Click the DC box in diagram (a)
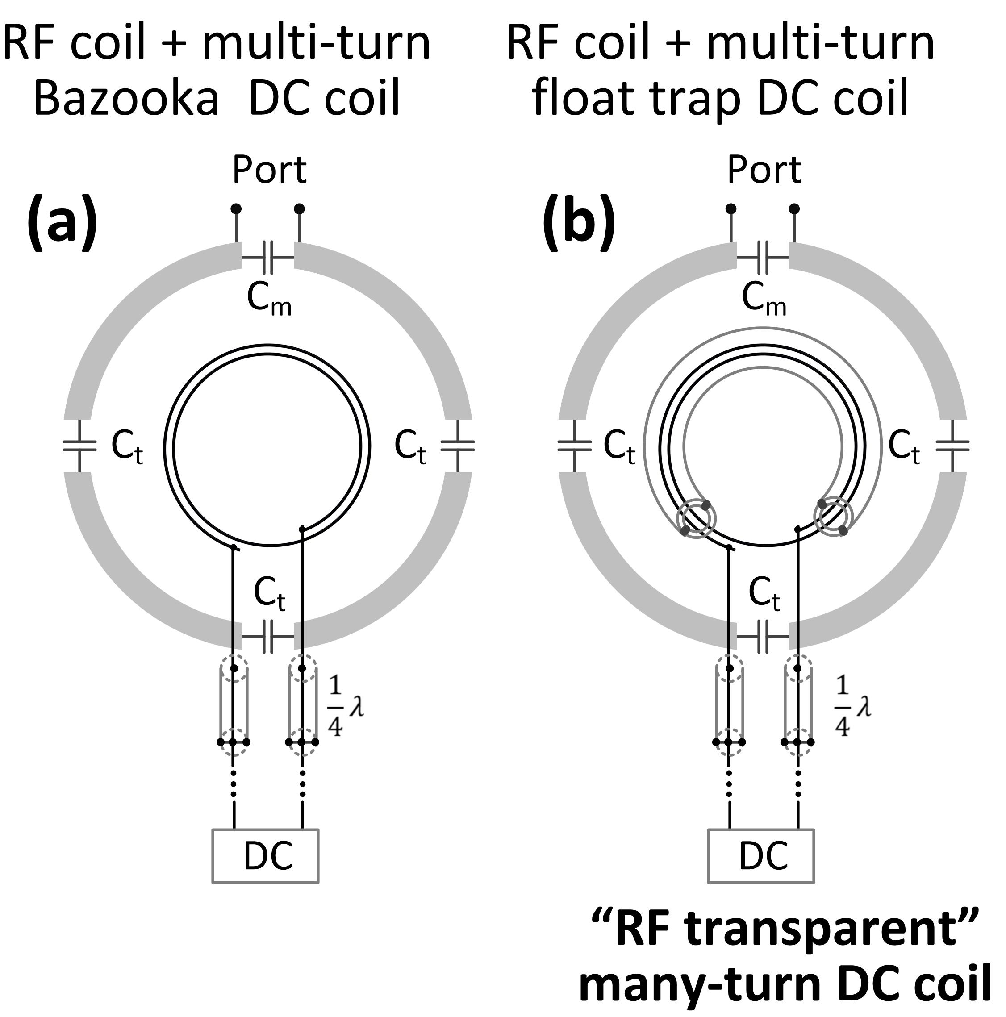click(x=265, y=856)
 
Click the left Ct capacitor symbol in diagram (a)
click(x=80, y=446)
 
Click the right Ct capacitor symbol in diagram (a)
click(x=457, y=446)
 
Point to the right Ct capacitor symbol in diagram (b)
click(x=953, y=446)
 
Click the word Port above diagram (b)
click(x=764, y=170)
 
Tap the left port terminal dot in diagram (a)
click(x=236, y=209)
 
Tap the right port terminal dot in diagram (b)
click(x=794, y=209)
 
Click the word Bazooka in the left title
click(x=126, y=98)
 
